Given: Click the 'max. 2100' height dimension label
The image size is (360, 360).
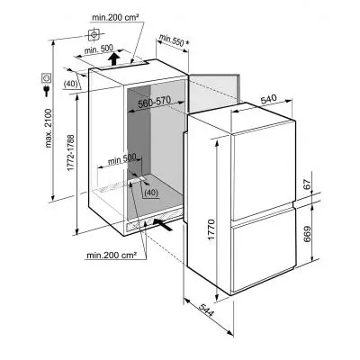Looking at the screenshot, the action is point(49,129).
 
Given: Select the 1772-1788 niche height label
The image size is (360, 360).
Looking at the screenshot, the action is point(71,153).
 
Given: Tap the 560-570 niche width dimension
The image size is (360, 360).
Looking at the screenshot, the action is point(154,102).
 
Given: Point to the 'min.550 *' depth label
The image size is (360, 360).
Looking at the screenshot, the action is point(174,40).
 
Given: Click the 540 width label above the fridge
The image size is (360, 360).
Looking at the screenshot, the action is point(268,100).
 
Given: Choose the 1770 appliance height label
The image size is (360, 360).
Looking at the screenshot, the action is point(211,230).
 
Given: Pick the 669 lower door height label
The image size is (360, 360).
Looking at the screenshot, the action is point(307,234).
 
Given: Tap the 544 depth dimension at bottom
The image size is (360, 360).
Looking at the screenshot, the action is point(206,310).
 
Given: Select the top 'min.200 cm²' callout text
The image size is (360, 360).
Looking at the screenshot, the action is point(115,18).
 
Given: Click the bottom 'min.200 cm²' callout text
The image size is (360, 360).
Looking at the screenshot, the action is point(112,256).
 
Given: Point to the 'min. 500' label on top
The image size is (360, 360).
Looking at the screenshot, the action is point(99,49).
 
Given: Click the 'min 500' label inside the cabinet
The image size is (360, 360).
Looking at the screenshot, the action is point(121,159).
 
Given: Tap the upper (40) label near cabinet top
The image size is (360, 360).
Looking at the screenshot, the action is point(71,84).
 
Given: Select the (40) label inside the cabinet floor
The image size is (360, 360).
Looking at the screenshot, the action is point(150,193).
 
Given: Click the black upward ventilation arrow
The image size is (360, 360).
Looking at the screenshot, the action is point(113,58).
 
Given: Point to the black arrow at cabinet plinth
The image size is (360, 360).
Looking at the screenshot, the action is point(163,225).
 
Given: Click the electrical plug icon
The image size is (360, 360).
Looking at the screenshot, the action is point(47,91).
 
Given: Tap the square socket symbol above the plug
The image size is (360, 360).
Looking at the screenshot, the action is point(46,78).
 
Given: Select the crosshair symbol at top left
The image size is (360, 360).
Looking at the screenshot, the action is point(94,35).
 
